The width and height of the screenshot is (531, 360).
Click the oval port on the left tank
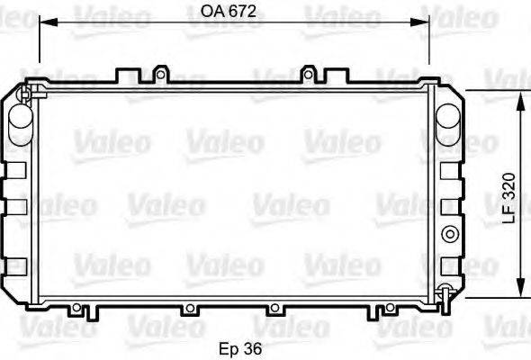pos(18,124)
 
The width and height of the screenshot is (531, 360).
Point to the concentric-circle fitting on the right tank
pos(447,236)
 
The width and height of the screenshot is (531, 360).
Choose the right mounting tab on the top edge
pos(310,72)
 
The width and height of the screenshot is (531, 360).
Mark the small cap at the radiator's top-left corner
pos(26,91)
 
